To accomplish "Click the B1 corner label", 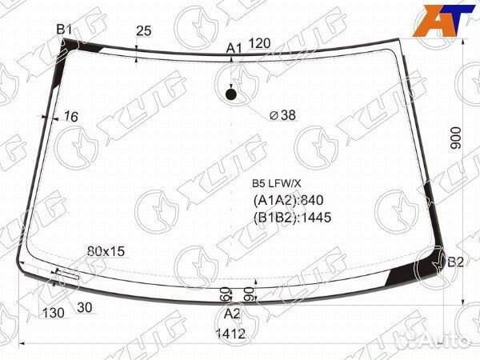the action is pyautogui.click(x=64, y=30).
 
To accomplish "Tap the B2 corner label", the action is pyautogui.click(x=455, y=262).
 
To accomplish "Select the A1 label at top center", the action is pyautogui.click(x=234, y=48).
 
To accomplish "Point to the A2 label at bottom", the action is pyautogui.click(x=232, y=314).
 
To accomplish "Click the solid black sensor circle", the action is pyautogui.click(x=231, y=94).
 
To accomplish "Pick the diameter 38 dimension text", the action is pyautogui.click(x=282, y=115).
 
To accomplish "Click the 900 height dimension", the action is pyautogui.click(x=456, y=138).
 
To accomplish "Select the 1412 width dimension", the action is pyautogui.click(x=231, y=334).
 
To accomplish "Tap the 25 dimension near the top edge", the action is pyautogui.click(x=143, y=31).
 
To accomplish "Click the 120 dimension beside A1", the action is pyautogui.click(x=259, y=43).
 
